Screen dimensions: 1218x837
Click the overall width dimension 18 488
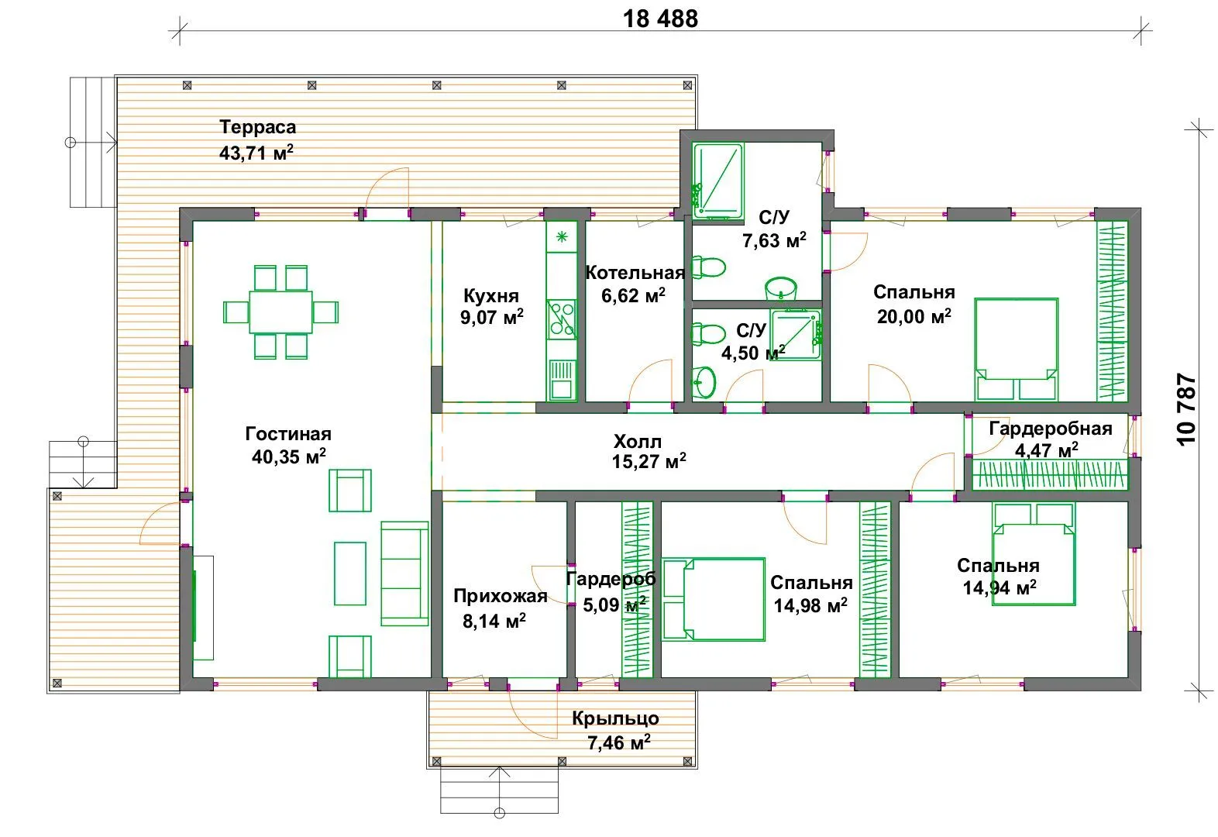660,19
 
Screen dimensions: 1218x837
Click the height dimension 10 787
1186,409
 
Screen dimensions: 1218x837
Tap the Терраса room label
258,127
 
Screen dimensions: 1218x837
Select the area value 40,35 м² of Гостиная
289,456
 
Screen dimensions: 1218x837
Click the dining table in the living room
280,312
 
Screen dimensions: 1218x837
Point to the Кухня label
491,296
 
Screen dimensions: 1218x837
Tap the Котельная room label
635,273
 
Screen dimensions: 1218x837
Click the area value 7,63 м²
774,240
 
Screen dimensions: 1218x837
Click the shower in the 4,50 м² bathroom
796,335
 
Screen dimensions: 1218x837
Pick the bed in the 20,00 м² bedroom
1017,350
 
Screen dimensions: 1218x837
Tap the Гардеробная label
1051,429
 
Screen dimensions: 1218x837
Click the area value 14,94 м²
1000,587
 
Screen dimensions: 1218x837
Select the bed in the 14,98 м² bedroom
714,599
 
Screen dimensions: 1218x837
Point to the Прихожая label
501,596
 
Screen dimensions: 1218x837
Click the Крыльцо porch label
615,718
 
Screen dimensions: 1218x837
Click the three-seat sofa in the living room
404,573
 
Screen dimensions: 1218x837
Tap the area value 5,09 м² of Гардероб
614,604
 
